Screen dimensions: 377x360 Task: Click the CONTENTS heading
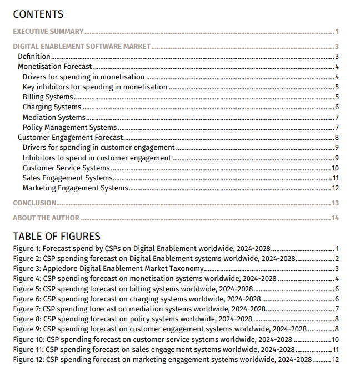38,14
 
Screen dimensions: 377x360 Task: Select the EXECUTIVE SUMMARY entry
48,32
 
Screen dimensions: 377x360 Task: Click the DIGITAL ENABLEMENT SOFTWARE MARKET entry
81,47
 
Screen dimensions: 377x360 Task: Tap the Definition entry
34,57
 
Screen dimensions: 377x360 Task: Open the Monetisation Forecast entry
54,67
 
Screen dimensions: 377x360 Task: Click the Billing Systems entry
48,97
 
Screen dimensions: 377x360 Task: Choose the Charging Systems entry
52,107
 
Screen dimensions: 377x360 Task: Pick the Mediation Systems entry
54,117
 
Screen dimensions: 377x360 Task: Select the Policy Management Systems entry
69,128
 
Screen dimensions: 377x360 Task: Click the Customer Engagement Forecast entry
70,138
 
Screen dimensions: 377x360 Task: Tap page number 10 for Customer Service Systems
335,168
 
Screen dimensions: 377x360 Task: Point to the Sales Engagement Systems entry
67,178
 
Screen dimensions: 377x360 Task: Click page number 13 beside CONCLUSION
335,203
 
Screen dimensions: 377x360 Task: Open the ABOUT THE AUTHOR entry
46,218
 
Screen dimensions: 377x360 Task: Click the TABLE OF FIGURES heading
57,236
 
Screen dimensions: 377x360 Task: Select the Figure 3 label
26,268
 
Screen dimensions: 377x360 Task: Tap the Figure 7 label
26,309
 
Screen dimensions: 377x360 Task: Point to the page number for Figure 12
335,360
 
